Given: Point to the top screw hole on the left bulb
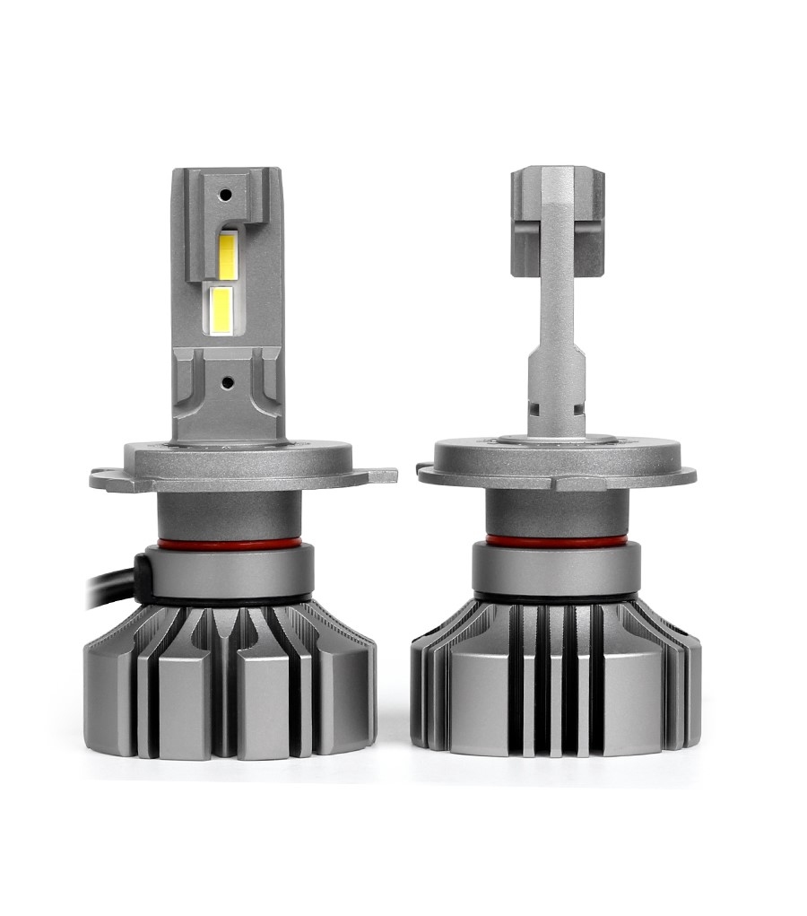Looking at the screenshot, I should click(226, 194).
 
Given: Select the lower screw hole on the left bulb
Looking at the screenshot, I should click(226, 381).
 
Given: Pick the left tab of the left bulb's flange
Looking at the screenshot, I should click(106, 475).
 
